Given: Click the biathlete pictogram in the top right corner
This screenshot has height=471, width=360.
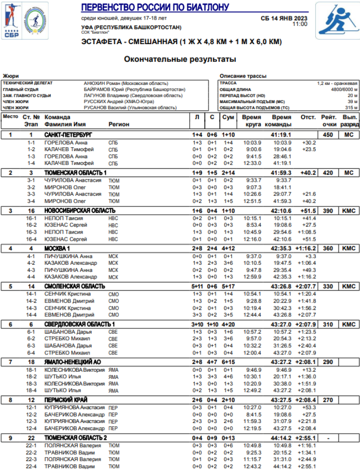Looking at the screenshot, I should point(337,20).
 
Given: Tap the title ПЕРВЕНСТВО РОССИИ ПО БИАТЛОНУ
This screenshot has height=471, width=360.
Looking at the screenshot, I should point(155,7).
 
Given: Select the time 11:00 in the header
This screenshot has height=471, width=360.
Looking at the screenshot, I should point(300,24).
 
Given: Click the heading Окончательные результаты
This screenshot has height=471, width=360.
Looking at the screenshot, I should point(180,59).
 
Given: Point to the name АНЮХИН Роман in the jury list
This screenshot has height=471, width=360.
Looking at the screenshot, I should point(99,83).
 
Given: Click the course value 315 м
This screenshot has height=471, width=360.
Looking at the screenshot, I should point(352,108).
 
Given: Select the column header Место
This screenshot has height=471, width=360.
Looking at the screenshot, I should point(11,117).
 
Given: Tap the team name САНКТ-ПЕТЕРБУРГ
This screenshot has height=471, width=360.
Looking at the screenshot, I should point(68,135).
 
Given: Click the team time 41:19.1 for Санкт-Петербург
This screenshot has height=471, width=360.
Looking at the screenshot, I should point(281,135).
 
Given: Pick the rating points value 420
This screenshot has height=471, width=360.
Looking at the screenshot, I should point(328,173).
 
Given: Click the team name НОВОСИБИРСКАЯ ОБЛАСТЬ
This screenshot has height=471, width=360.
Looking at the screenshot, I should point(80,211).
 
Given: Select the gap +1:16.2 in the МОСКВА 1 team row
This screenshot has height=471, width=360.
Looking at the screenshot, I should point(305,248).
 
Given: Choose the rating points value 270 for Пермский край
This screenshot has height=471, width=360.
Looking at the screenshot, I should point(328,400).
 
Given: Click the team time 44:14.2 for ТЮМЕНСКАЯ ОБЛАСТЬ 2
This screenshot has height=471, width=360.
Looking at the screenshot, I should point(281,438).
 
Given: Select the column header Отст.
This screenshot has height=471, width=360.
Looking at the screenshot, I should point(308,117).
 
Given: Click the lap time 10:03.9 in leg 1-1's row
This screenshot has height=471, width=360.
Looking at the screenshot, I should point(252,142).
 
